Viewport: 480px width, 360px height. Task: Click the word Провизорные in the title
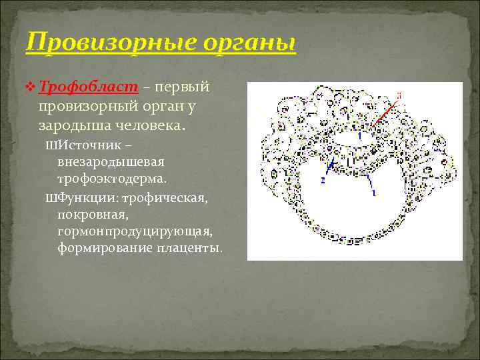coord(105,44)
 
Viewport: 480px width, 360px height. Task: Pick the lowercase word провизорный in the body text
coord(89,106)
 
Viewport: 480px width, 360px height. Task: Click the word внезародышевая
coord(111,162)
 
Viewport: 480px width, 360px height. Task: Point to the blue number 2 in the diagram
coord(323,180)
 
